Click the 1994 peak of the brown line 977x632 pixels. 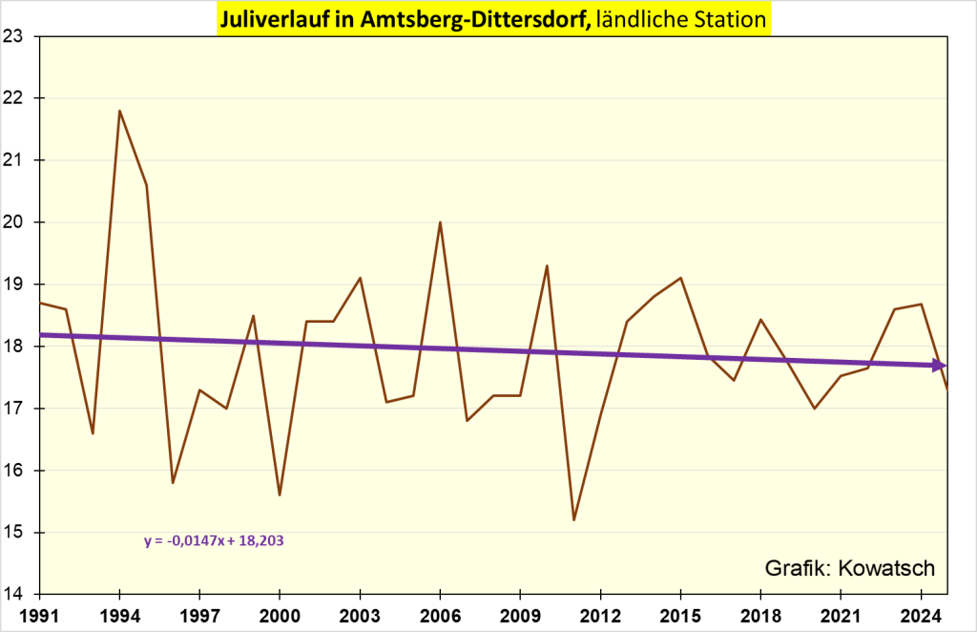(x=119, y=111)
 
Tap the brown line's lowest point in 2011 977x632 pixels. (x=573, y=519)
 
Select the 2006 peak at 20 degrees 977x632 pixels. (x=439, y=222)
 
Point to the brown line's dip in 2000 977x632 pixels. (x=280, y=495)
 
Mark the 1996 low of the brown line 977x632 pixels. (x=173, y=482)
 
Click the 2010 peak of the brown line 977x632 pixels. (x=547, y=265)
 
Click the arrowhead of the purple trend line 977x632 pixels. (x=939, y=365)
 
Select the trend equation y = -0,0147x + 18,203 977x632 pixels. (x=215, y=540)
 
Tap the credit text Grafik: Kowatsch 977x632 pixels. (x=849, y=569)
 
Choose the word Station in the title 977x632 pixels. (x=727, y=18)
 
